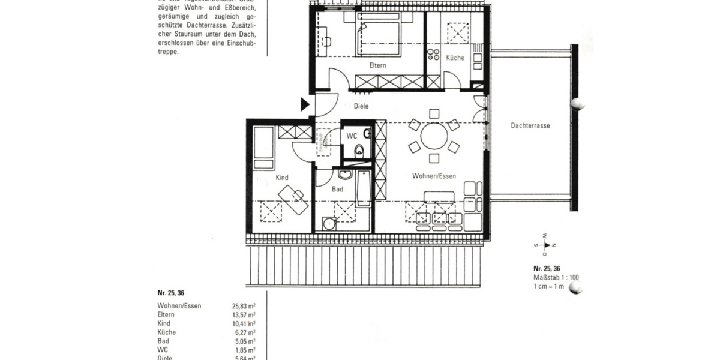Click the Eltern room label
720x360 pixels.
[377, 65]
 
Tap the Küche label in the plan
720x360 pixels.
[455, 58]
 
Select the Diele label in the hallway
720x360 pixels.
[361, 106]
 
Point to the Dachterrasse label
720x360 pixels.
[530, 126]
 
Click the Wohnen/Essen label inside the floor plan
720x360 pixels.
[434, 176]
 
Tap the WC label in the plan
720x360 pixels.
[352, 136]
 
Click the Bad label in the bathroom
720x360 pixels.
[337, 189]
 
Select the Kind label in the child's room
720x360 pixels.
[282, 178]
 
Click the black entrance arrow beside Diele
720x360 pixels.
[304, 105]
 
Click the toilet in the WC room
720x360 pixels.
[359, 151]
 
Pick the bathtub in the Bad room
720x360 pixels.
[362, 188]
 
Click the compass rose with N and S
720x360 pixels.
[546, 244]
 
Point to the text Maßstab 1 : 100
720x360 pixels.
[556, 277]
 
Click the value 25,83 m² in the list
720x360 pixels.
[244, 306]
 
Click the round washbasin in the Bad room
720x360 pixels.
[328, 225]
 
